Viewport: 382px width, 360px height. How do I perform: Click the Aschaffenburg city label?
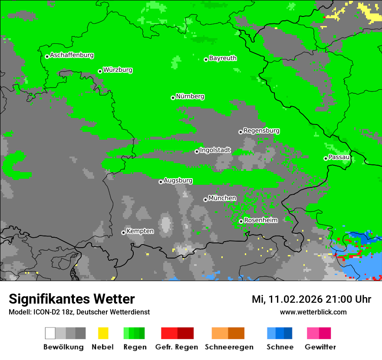click(x=72, y=55)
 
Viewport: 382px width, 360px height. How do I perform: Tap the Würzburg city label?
click(x=118, y=70)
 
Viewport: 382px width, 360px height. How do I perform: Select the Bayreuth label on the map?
click(x=223, y=58)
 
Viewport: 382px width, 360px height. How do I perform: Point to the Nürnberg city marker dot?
click(x=173, y=98)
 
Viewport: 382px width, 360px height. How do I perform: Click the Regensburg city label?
click(x=261, y=131)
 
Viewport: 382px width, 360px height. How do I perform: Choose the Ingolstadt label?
click(x=215, y=151)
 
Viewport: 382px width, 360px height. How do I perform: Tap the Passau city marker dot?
click(x=326, y=158)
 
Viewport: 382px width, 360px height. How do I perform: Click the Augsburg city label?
click(x=178, y=180)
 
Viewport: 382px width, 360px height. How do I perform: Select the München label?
click(x=222, y=198)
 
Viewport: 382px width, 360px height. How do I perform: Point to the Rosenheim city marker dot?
click(x=241, y=222)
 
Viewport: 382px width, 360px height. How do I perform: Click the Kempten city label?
click(x=140, y=231)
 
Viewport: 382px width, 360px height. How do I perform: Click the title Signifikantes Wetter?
click(x=72, y=299)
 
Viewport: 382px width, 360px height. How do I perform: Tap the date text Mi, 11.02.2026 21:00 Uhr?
click(x=311, y=299)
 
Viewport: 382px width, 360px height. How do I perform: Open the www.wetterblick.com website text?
click(x=313, y=312)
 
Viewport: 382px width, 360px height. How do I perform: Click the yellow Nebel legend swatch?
click(x=103, y=333)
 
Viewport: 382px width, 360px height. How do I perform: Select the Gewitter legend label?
click(x=320, y=347)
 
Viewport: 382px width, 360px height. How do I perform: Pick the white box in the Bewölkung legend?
click(x=50, y=333)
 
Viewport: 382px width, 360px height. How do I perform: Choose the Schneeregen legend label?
click(x=229, y=347)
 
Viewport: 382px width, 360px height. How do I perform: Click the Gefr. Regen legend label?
click(x=176, y=347)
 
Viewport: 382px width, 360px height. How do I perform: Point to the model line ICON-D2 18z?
click(x=79, y=312)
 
